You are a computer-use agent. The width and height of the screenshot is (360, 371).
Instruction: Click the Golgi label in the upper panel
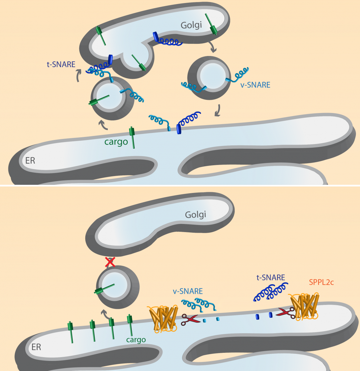(191, 25)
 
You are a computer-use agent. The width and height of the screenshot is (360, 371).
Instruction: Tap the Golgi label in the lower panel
(196, 215)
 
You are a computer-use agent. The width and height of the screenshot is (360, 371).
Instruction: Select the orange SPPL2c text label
(321, 282)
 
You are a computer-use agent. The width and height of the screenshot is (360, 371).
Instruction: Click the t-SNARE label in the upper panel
(61, 64)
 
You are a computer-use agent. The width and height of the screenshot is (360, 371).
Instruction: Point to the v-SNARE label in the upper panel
(255, 85)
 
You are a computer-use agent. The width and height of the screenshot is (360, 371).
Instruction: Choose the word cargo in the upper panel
(116, 142)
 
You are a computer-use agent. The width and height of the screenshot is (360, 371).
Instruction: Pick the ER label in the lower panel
(36, 347)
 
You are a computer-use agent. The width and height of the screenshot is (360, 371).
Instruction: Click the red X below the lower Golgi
(110, 262)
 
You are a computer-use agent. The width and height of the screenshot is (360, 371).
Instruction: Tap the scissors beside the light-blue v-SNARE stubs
(190, 319)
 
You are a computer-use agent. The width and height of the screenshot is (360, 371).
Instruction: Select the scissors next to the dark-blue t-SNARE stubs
(286, 313)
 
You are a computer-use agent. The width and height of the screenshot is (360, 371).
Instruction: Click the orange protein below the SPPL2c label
(304, 307)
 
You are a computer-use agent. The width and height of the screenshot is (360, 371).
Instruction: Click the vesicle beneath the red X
(118, 287)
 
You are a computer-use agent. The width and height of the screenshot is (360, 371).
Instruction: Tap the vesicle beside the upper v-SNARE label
(209, 78)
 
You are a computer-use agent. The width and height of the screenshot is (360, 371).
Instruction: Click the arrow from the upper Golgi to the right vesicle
(213, 47)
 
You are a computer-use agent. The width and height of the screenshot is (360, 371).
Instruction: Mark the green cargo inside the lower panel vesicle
(104, 289)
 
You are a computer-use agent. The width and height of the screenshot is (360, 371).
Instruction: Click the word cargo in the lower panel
(136, 340)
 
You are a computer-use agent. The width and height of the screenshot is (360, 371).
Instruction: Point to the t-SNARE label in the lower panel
(271, 277)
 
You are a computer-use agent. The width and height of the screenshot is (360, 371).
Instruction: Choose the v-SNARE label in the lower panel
(188, 291)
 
